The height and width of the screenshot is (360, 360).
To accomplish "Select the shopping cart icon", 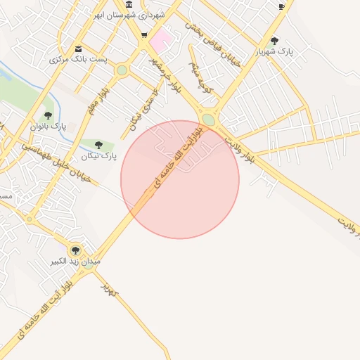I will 144,34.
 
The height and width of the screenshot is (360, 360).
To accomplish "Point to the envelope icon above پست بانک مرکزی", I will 78,49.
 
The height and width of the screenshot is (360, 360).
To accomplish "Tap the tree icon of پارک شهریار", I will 274,41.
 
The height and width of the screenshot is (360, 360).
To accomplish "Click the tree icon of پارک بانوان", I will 48,115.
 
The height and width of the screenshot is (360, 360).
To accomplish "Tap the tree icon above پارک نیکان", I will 98,145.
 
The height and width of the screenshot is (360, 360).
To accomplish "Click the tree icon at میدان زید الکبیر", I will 75,250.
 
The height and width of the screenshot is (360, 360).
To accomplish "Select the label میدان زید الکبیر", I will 75,262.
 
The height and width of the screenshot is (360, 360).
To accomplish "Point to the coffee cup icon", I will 282,6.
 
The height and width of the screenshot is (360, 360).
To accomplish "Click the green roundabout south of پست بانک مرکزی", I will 122,70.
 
